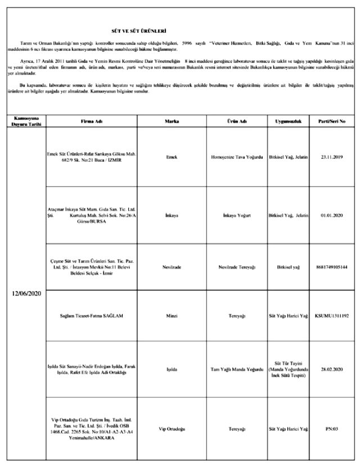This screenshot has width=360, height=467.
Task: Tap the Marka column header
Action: tap(172, 121)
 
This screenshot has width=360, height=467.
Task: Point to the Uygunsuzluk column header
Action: tap(289, 121)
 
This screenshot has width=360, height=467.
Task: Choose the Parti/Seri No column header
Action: tap(332, 121)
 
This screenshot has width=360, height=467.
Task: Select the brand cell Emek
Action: tap(172, 157)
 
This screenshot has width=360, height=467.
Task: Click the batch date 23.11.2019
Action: tap(332, 157)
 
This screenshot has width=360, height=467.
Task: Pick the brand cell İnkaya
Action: tap(172, 215)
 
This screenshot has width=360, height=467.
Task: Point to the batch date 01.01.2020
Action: tap(332, 215)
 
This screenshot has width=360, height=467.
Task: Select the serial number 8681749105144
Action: tap(332, 266)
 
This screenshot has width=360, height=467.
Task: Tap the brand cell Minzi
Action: tap(172, 316)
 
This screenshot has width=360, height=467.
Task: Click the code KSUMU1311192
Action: tap(332, 316)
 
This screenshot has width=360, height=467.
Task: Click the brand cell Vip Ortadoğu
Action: tap(172, 429)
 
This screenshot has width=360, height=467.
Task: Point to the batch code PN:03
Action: tap(332, 429)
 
